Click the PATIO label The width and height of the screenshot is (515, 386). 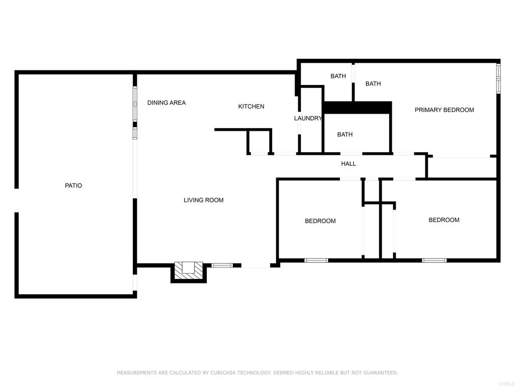pos(73,185)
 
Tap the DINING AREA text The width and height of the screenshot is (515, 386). pos(166,103)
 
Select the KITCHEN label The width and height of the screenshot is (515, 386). pos(251,107)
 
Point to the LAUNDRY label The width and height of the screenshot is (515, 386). pos(308,118)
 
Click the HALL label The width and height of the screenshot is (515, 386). pos(349,163)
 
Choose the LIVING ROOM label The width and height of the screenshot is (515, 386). pos(204,200)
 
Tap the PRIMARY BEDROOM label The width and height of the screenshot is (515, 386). pos(445,110)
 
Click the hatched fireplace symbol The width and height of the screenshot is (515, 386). pos(189,270)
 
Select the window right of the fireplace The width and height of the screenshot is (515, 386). pos(222,265)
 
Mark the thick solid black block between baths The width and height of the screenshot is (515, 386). pos(358,108)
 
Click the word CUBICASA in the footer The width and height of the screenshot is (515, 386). pos(222,372)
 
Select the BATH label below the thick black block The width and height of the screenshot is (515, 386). pos(345,134)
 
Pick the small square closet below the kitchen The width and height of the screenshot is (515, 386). pos(259,141)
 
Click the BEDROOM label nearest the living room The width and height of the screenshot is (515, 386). pos(320,221)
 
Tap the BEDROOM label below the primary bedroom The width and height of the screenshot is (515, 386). pos(444,220)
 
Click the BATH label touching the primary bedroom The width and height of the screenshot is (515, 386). pos(373,84)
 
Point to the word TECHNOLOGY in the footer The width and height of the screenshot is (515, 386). pos(253,372)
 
